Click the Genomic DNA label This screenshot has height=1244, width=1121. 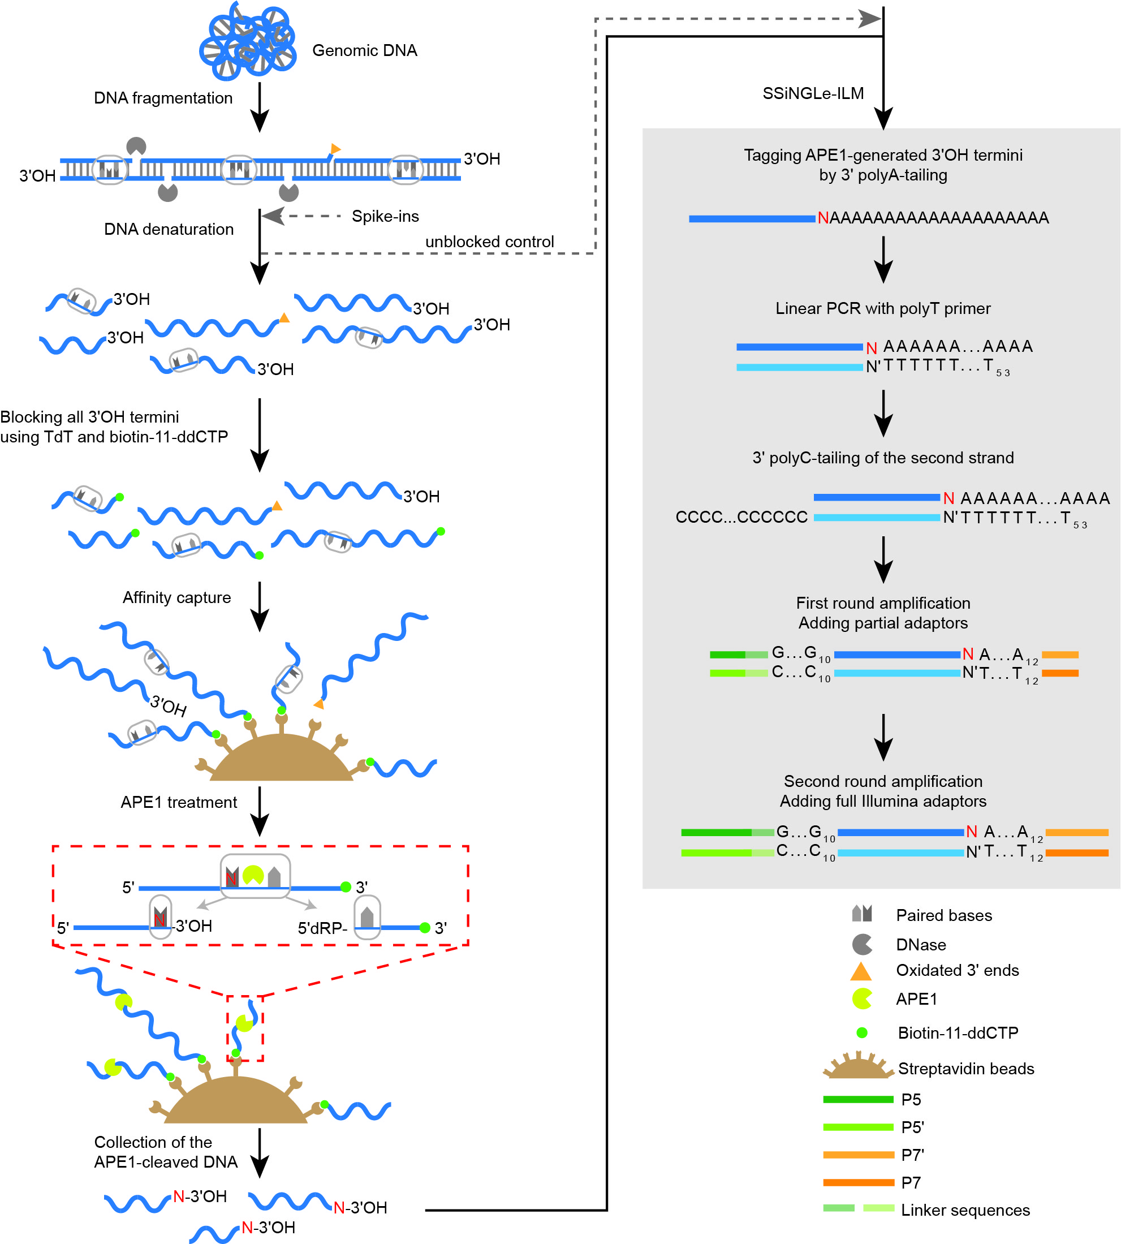coord(365,50)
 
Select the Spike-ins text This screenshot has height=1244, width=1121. coord(385,216)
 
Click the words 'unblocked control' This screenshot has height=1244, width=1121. coord(490,242)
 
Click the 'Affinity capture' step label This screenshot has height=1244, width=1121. coord(177,597)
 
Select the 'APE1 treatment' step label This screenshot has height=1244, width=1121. coord(179,802)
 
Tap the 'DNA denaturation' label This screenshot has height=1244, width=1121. coord(169,229)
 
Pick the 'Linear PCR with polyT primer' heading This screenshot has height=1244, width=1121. coord(883,308)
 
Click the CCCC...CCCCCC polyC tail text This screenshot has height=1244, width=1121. coord(741,517)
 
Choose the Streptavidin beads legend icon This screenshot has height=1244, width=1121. coord(858,1066)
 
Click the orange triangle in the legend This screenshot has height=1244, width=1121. coord(860,972)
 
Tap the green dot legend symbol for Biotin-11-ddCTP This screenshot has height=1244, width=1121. coord(862,1032)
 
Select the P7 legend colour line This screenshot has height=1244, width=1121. coord(858,1182)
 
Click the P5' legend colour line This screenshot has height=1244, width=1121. coord(858,1127)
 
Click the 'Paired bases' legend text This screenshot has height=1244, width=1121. coord(943,915)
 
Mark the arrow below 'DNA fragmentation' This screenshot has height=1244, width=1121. coord(260,108)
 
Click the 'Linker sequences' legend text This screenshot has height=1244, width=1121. coord(965,1210)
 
